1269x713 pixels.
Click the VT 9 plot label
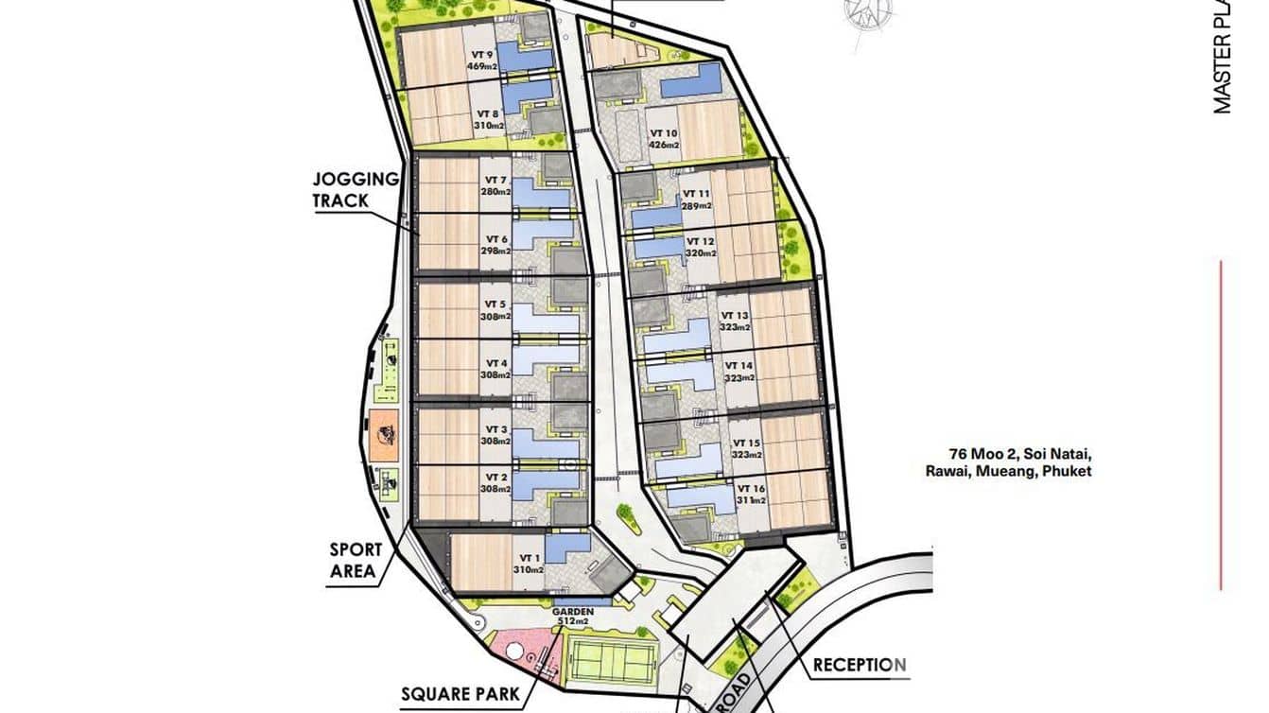[x=482, y=55]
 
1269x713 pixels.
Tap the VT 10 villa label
[x=663, y=132]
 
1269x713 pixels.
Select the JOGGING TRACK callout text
[x=356, y=189]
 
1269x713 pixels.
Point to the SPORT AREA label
[x=356, y=560]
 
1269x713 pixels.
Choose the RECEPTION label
[x=860, y=666]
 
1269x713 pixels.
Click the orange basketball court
[x=385, y=435]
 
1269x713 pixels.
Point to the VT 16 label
[x=749, y=490]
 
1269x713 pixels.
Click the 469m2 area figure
[x=481, y=67]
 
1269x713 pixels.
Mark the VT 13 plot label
[x=735, y=316]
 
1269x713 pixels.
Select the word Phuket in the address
[x=1065, y=471]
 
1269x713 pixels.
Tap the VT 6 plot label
[x=496, y=238]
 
